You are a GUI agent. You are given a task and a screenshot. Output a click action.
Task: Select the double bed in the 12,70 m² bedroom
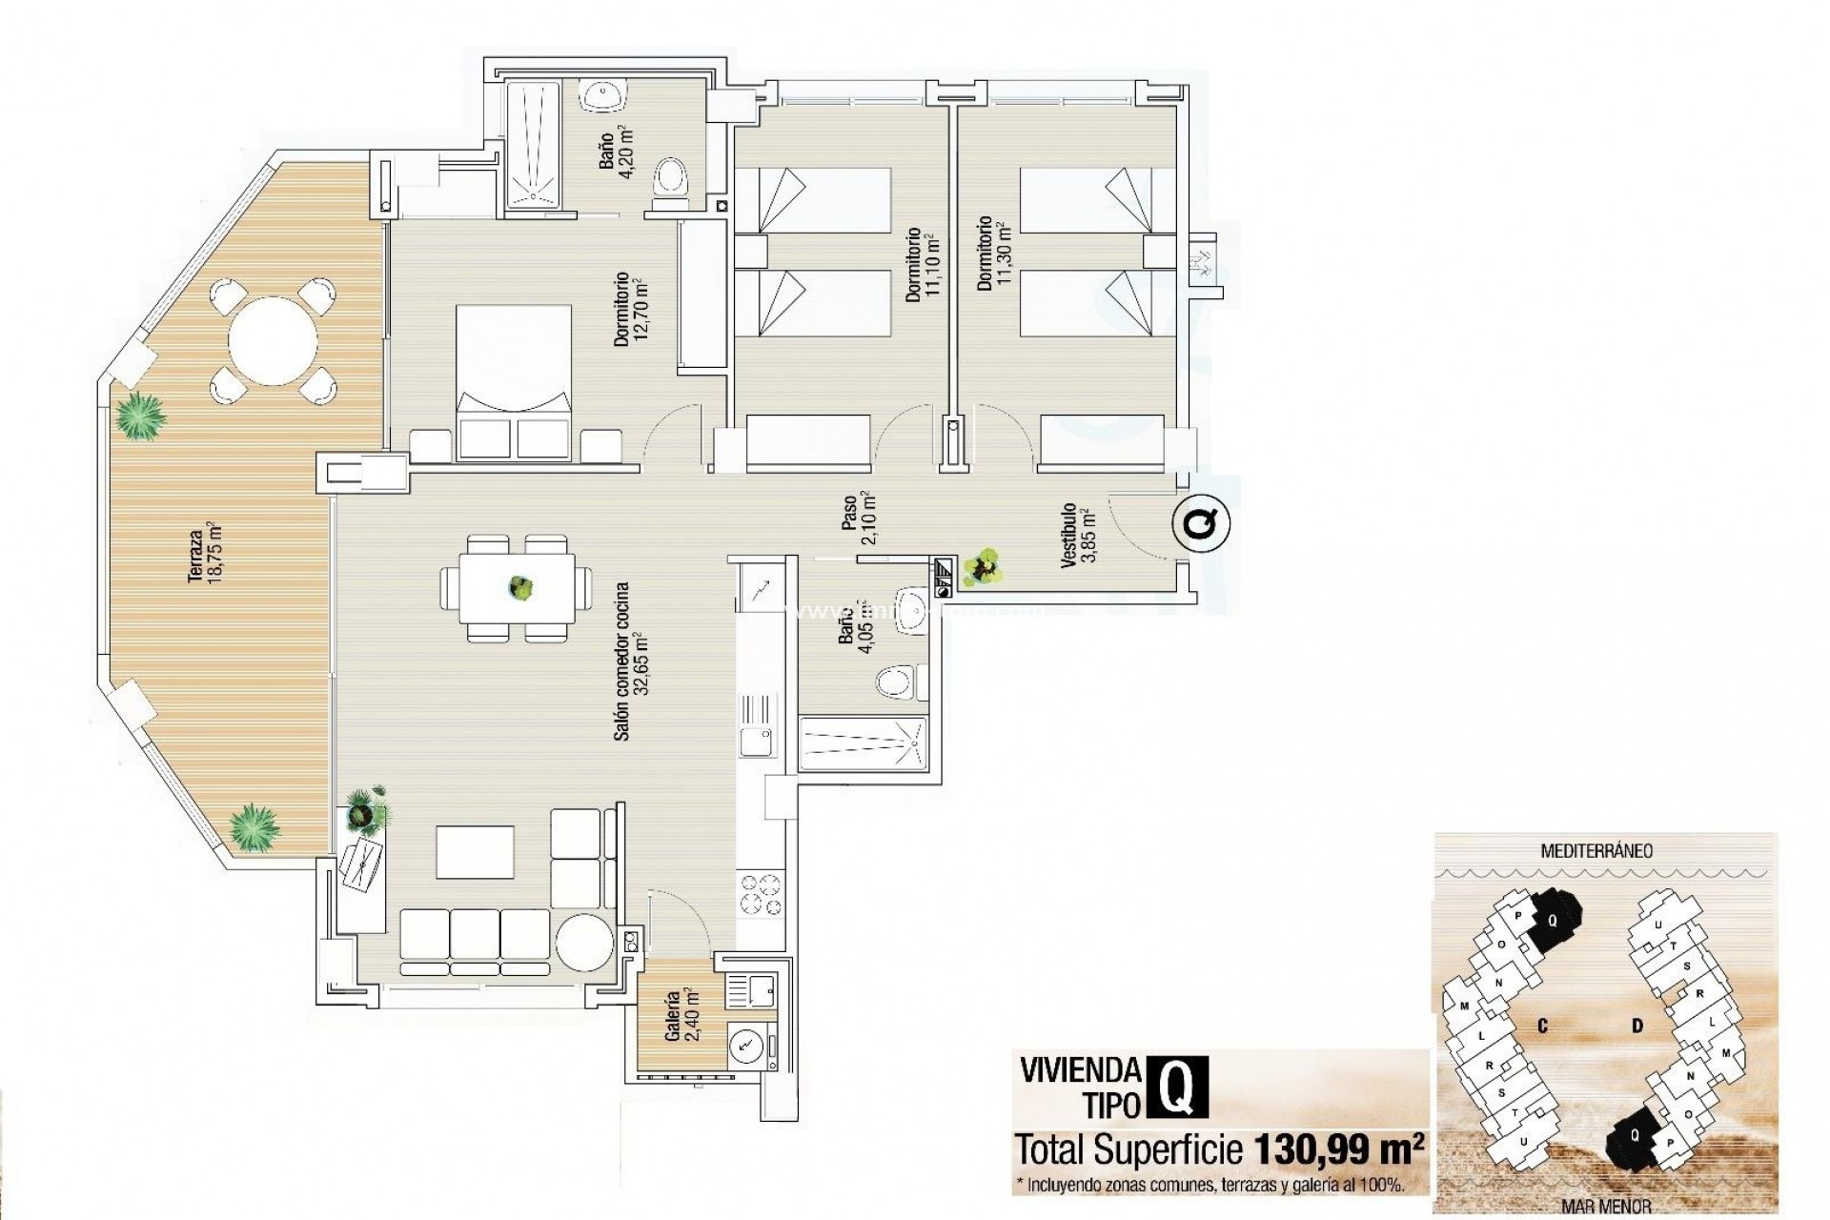click(x=514, y=381)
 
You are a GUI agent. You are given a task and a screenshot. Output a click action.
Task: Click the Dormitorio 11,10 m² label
click(x=923, y=265)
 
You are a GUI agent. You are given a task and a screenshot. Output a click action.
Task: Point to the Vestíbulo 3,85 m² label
click(x=1078, y=536)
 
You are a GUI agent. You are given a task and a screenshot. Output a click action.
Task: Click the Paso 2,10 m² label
click(x=857, y=518)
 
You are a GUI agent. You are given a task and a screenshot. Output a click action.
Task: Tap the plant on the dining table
click(x=519, y=587)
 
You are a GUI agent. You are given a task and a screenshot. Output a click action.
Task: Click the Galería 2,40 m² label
click(x=681, y=1016)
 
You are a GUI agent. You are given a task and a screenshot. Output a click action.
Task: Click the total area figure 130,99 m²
click(x=1338, y=1149)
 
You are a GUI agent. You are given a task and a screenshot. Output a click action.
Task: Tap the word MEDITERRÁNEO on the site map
click(x=1596, y=850)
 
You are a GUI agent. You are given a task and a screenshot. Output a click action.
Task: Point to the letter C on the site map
click(x=1541, y=1026)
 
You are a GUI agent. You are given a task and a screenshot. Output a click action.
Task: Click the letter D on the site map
click(x=1637, y=1026)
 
